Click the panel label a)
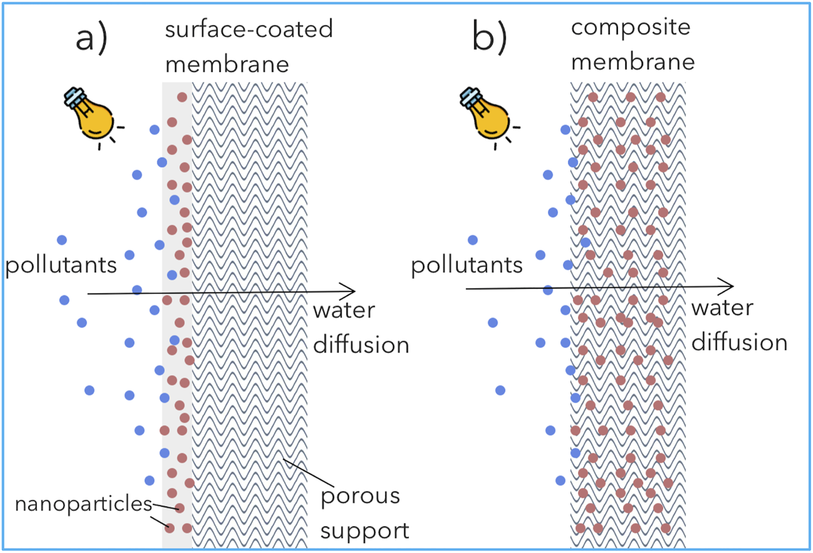[x=92, y=39]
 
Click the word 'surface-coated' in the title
[x=249, y=31]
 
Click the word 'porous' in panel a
[x=360, y=496]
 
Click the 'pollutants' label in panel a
[x=61, y=265]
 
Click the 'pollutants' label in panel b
[x=467, y=266]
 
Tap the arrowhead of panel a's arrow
[x=351, y=291]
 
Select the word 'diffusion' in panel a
[x=361, y=345]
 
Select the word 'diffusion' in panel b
[x=739, y=342]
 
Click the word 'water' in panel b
[x=722, y=308]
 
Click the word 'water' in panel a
[x=344, y=311]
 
